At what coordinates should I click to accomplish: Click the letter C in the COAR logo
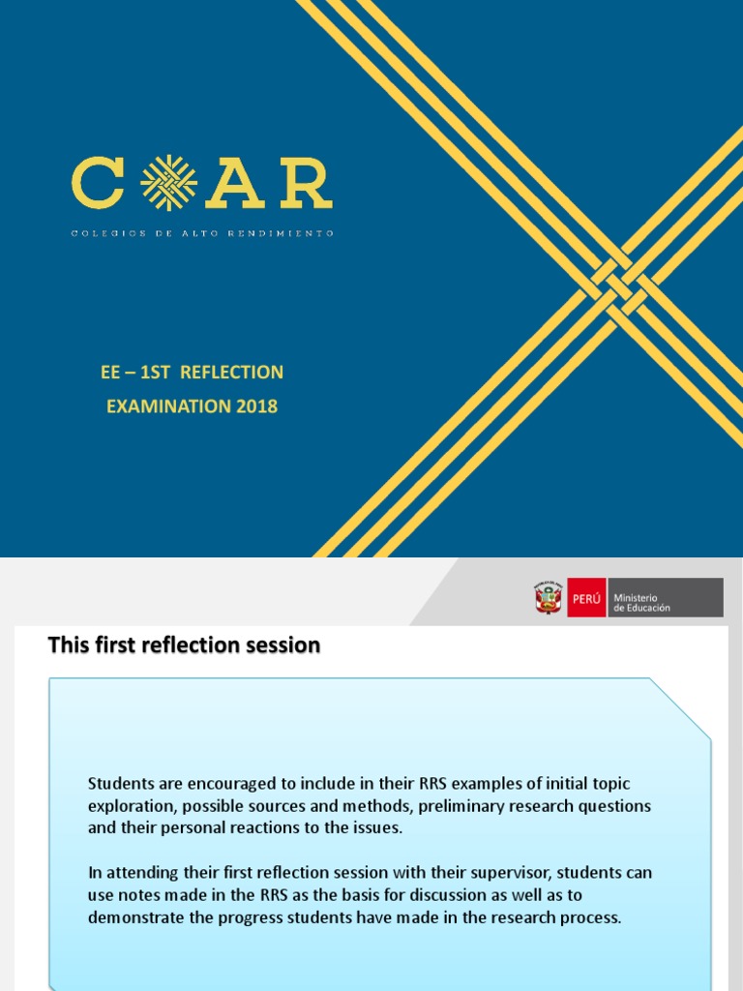pos(97,184)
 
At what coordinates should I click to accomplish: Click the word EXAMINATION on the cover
pos(165,406)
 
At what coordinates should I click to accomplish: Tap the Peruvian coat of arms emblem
pos(548,598)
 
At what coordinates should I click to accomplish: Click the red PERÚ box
pos(586,598)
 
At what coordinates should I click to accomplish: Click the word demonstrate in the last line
pos(135,917)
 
